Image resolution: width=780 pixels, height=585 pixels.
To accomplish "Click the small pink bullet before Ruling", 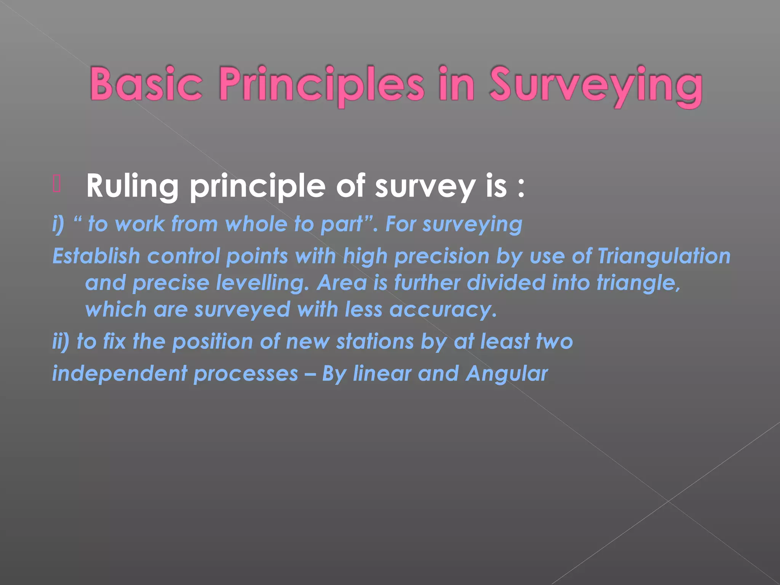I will point(57,185).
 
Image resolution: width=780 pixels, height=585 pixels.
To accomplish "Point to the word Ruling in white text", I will point(132,186).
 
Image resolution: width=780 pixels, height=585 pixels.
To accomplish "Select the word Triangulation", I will point(663,256).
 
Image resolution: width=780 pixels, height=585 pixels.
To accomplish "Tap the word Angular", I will point(507,374).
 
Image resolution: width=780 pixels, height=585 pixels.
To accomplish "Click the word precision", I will point(442,256).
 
